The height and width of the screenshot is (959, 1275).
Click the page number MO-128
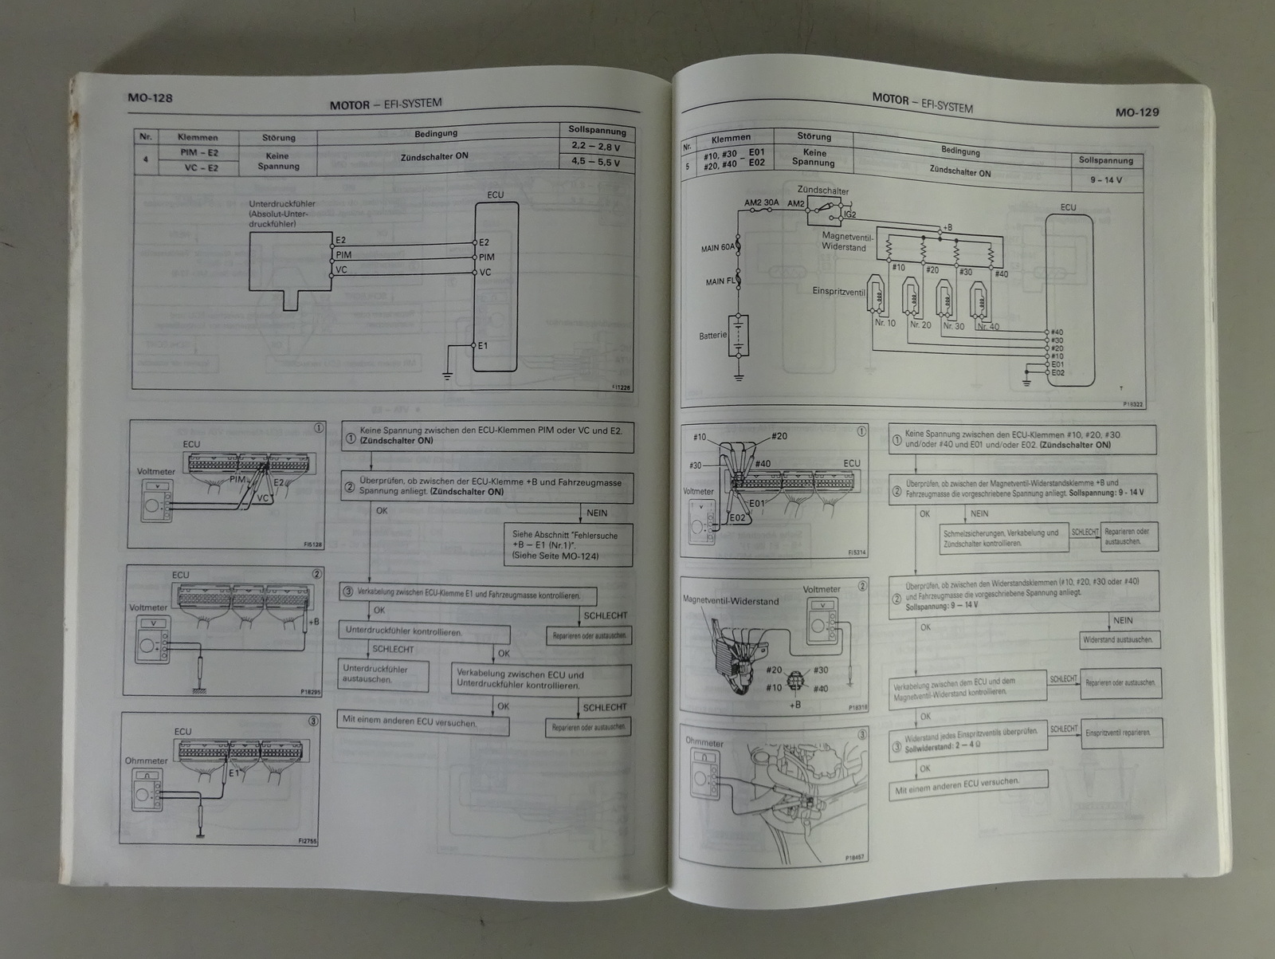click(150, 98)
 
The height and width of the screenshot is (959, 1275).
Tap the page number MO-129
click(1137, 112)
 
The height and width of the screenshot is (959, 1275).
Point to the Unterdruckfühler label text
click(282, 204)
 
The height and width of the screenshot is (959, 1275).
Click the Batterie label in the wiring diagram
click(713, 336)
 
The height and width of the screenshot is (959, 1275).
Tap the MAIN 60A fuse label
click(717, 249)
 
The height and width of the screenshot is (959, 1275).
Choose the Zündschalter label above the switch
click(823, 191)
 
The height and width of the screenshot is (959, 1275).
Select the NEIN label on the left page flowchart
click(597, 513)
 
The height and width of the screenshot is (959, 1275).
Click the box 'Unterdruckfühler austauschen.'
click(383, 674)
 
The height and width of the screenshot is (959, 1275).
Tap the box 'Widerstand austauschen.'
click(1118, 640)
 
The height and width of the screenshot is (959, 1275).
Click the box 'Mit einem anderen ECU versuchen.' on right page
click(968, 786)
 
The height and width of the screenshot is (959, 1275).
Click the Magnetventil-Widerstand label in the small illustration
click(731, 601)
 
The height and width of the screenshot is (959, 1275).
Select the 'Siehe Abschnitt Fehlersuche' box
click(567, 545)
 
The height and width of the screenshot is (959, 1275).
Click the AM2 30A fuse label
click(761, 202)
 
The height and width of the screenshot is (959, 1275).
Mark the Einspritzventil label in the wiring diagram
click(838, 293)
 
